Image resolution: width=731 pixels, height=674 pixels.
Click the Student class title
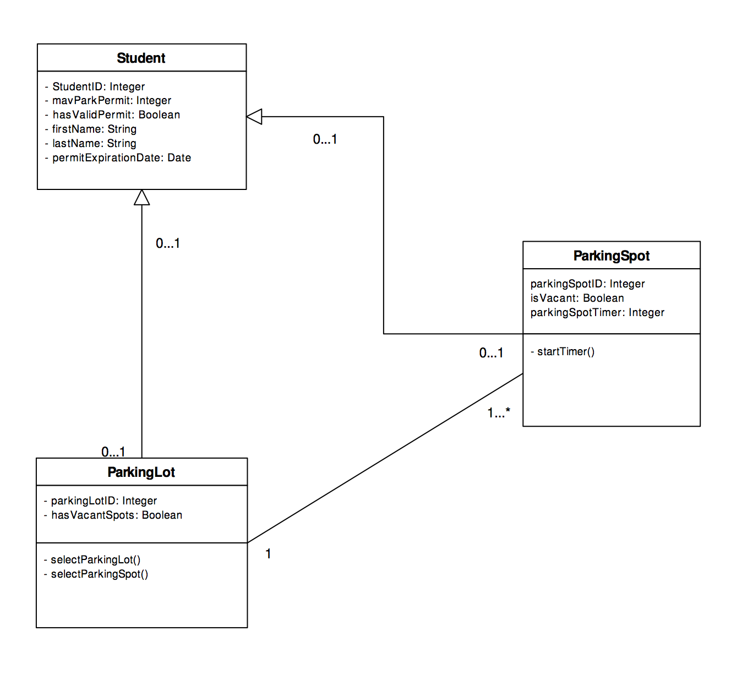click(x=141, y=58)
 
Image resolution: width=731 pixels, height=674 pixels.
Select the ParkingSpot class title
click(x=611, y=256)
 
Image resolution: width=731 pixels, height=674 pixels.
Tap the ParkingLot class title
click(x=141, y=472)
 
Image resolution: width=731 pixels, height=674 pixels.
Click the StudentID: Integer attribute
click(x=98, y=86)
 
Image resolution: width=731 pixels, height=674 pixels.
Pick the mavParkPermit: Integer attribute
click(x=111, y=100)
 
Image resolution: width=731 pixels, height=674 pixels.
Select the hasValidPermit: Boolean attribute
click(x=116, y=115)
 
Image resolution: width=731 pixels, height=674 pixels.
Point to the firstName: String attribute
click(x=94, y=129)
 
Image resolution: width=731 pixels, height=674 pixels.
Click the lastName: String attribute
click(x=94, y=143)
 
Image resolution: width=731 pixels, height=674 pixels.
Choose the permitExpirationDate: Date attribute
click(x=121, y=157)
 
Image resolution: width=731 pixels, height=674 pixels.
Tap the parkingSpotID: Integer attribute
click(x=587, y=284)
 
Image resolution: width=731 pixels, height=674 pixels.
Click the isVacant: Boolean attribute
click(x=577, y=298)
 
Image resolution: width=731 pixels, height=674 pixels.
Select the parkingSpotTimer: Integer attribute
click(x=597, y=312)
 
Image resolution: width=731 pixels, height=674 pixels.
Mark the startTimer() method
click(x=565, y=351)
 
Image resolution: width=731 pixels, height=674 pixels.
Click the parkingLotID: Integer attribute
click(x=103, y=501)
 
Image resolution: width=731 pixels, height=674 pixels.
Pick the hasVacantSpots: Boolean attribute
click(x=116, y=515)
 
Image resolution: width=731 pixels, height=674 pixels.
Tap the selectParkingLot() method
click(x=95, y=559)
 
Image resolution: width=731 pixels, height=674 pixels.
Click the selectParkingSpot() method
click(x=99, y=574)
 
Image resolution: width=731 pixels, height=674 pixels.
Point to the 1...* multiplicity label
click(x=499, y=412)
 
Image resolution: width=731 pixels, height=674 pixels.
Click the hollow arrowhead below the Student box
click(x=141, y=198)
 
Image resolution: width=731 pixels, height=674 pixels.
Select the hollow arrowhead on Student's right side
click(x=254, y=117)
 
